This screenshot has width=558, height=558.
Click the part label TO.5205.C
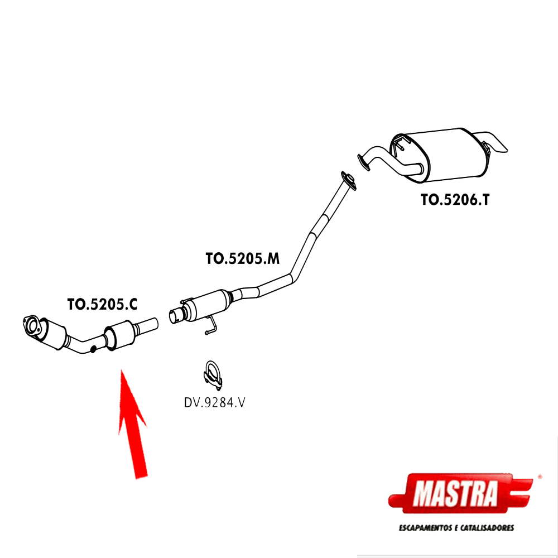click(102, 305)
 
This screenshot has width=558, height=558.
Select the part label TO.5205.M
click(242, 259)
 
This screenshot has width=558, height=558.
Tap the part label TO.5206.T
click(455, 200)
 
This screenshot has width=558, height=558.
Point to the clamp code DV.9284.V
click(215, 402)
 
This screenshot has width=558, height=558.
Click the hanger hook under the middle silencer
click(210, 328)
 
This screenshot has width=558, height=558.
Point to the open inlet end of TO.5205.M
click(175, 316)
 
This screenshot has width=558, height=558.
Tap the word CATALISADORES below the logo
click(485, 527)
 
